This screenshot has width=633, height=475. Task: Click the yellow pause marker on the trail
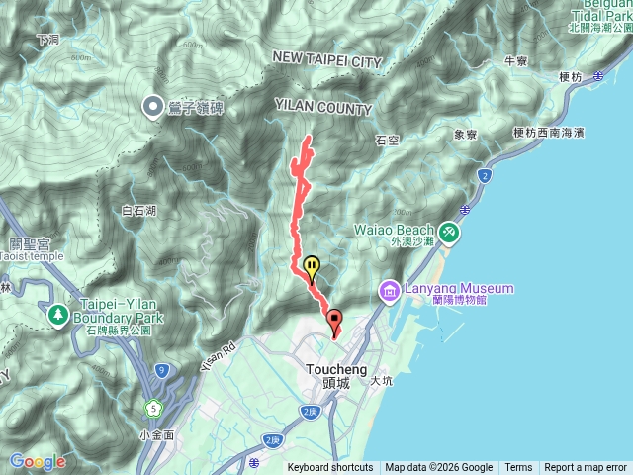pyautogui.click(x=312, y=266)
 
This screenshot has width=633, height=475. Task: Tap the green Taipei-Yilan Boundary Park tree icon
pyautogui.click(x=57, y=314)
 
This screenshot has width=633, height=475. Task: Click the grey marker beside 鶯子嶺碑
pyautogui.click(x=154, y=104)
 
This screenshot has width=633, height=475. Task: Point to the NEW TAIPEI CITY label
pyautogui.click(x=326, y=61)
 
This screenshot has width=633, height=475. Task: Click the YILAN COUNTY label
pyautogui.click(x=323, y=109)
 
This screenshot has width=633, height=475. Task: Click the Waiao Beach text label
pyautogui.click(x=394, y=230)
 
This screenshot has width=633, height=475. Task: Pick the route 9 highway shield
pyautogui.click(x=160, y=372)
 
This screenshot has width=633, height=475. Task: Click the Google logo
pyautogui.click(x=38, y=461)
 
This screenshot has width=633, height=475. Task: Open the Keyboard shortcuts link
pyautogui.click(x=330, y=468)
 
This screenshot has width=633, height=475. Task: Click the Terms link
pyautogui.click(x=518, y=468)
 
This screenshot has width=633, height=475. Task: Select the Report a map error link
pyautogui.click(x=586, y=468)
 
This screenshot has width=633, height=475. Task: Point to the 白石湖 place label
pyautogui.click(x=138, y=210)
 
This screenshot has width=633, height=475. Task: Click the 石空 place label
pyautogui.click(x=387, y=140)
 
